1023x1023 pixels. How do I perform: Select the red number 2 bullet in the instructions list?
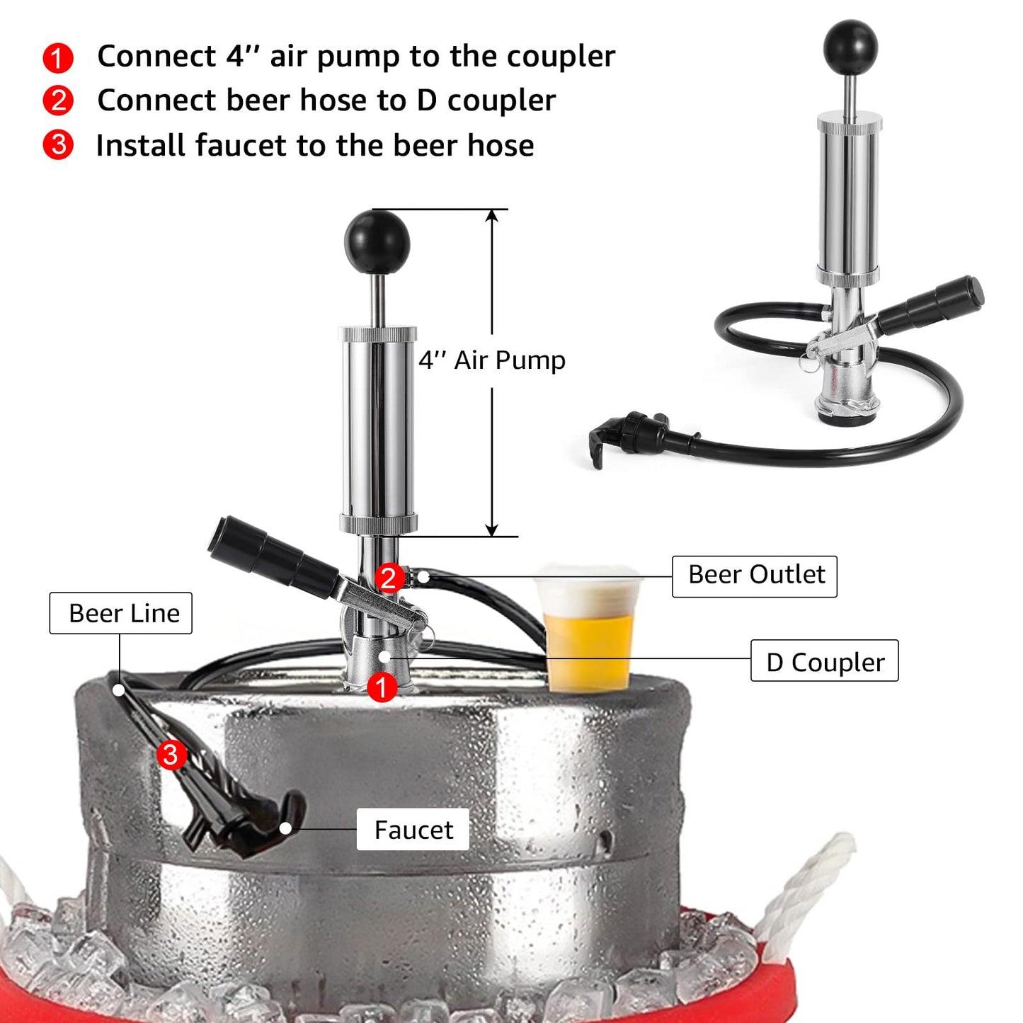point(58,101)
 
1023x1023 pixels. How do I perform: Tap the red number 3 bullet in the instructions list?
point(58,145)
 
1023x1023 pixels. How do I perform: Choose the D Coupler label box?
point(825,661)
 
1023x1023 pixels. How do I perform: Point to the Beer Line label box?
point(121,613)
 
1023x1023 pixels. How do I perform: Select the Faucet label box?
point(413,830)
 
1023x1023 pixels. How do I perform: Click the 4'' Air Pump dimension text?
point(492,360)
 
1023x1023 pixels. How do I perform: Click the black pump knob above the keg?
point(377,241)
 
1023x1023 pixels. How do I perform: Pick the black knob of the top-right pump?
point(850,47)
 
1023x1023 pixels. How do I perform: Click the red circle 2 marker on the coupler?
point(389,578)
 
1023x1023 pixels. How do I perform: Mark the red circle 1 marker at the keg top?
point(382,687)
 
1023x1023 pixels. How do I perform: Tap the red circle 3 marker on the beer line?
point(171,755)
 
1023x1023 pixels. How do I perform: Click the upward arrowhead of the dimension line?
point(492,215)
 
